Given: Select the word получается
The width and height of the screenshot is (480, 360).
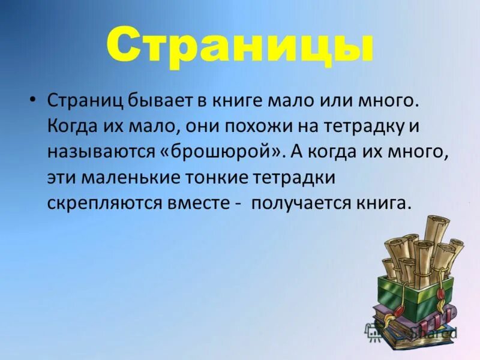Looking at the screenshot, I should tap(302, 204).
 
